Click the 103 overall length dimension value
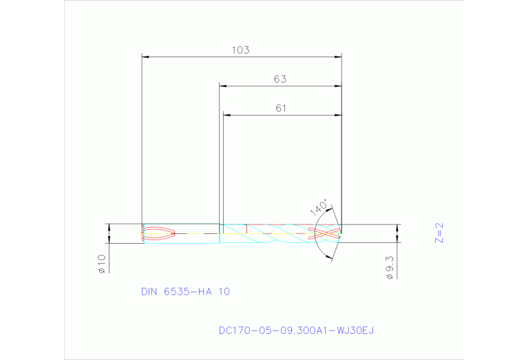tap(240, 50)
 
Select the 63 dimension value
tap(279, 79)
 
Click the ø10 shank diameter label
tap(101, 264)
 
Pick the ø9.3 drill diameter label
tap(389, 266)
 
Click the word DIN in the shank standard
tap(149, 292)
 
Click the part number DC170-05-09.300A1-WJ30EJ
tap(296, 330)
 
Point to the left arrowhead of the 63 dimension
tap(223, 86)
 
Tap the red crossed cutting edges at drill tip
tap(327, 233)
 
